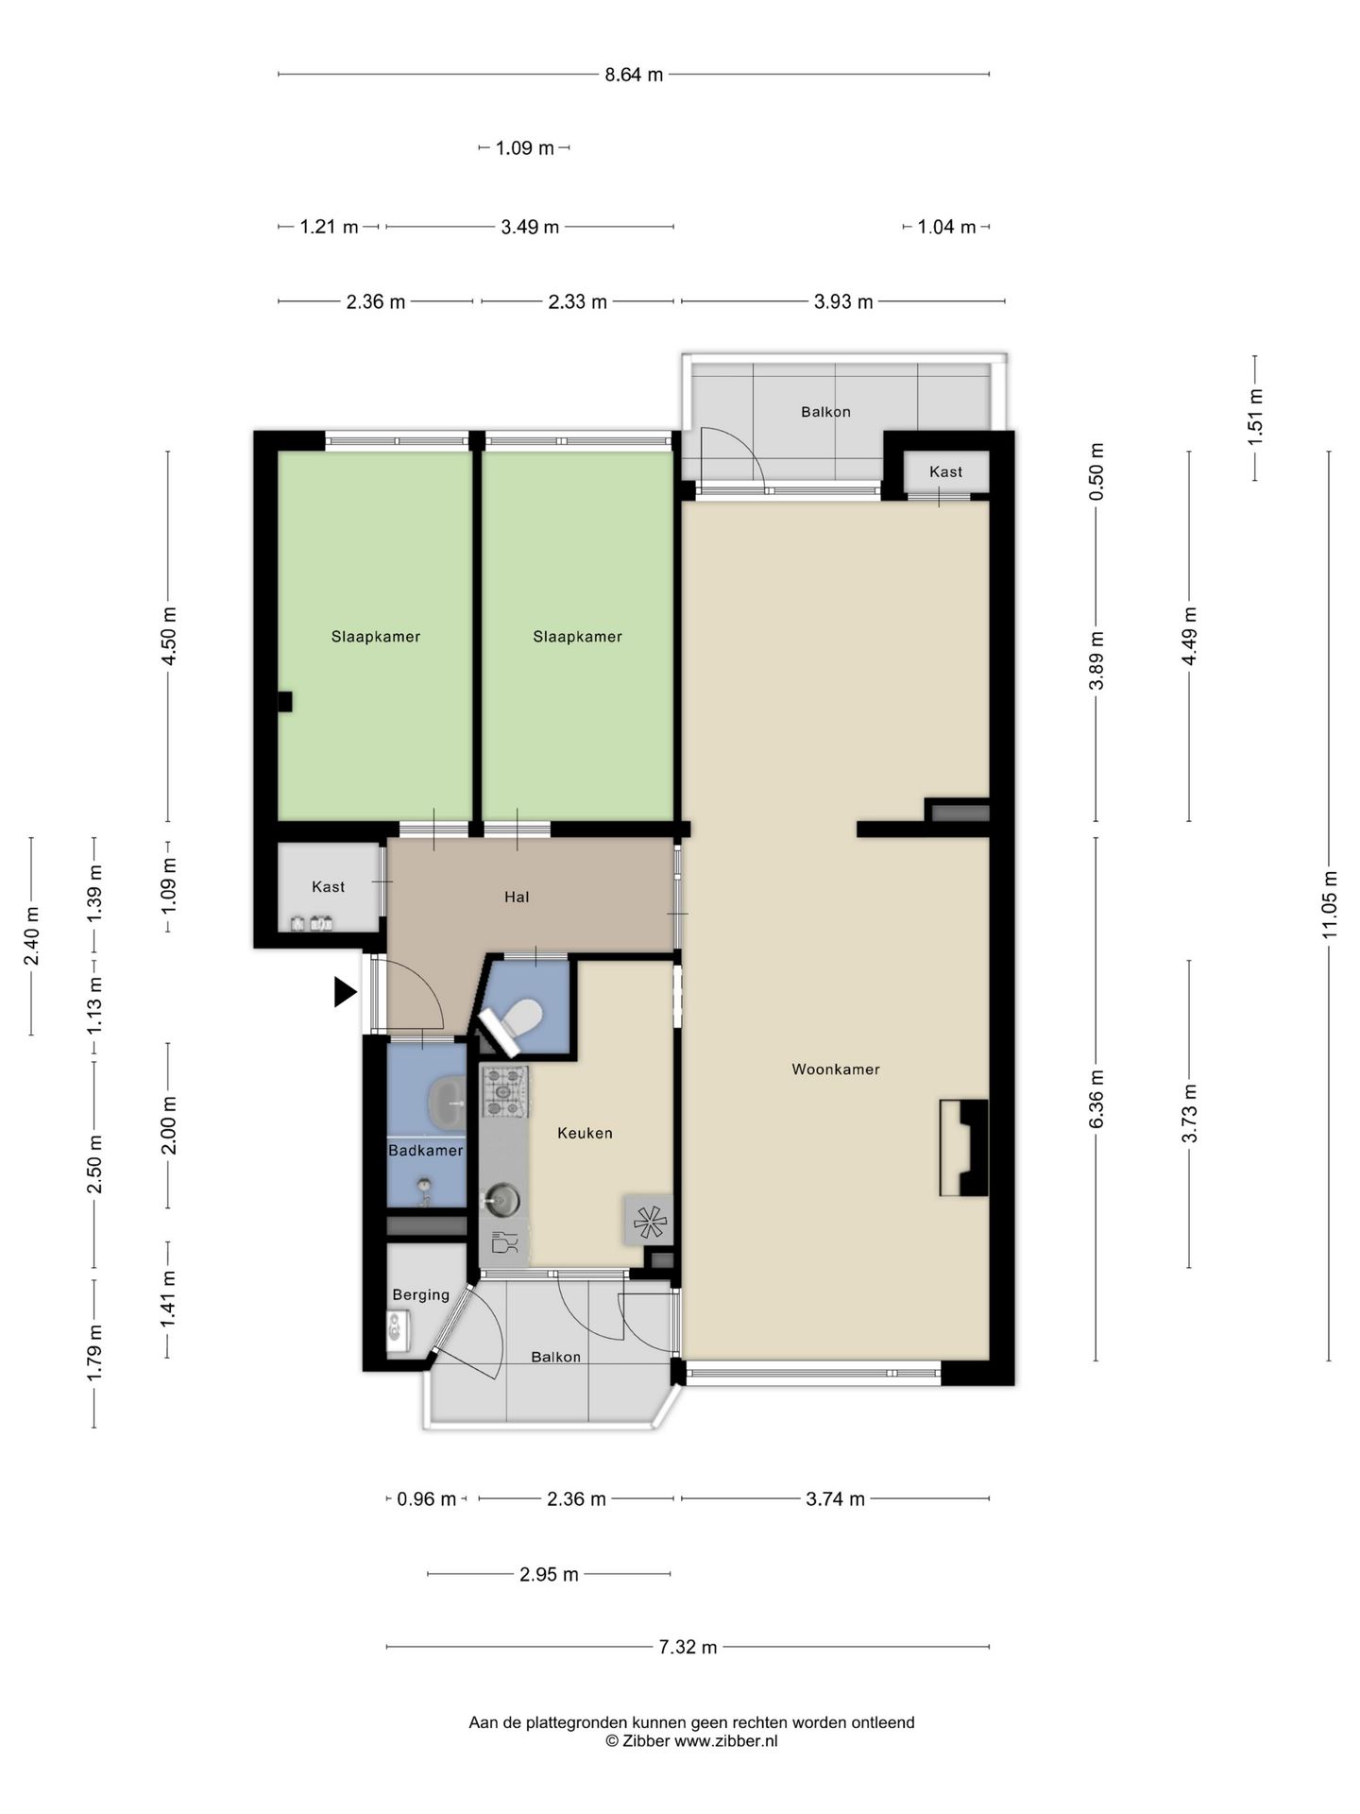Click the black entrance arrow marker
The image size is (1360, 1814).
point(345,992)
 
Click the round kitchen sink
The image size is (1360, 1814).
point(501,1201)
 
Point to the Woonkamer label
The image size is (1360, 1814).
point(836,1070)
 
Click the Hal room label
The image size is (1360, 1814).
point(517,897)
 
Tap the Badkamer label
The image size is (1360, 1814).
point(426,1151)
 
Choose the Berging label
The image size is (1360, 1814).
point(421,1295)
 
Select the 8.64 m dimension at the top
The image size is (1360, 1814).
point(634,75)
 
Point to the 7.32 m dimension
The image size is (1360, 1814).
point(688,1647)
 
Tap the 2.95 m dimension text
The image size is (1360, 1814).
point(549,1574)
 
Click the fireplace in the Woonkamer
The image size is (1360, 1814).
point(963,1148)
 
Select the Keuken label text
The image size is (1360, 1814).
point(586,1133)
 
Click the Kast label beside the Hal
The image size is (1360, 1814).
point(329,886)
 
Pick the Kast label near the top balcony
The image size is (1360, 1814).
point(946,471)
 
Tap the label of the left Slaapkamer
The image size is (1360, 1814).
point(376,637)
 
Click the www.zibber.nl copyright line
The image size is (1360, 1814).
point(691,1740)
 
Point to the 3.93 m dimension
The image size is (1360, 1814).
point(843,301)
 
